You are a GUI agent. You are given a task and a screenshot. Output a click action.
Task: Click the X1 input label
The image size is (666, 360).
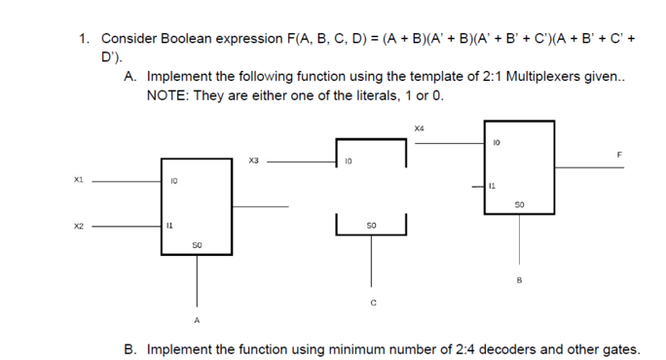pos(79,180)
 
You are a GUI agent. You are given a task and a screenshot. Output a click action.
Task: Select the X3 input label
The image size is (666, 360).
pos(254,161)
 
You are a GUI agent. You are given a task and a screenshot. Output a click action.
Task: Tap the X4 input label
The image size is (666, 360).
pos(420,128)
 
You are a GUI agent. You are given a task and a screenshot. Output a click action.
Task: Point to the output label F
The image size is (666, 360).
pos(618,155)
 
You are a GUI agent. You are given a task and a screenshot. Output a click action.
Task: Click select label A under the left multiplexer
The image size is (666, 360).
pos(197,319)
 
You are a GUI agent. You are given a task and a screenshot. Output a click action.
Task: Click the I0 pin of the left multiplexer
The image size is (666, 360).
pos(173,180)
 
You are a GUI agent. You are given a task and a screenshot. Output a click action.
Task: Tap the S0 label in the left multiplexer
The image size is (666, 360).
pos(198,245)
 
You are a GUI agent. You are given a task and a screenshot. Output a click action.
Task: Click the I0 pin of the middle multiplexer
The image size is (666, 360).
pos(348,161)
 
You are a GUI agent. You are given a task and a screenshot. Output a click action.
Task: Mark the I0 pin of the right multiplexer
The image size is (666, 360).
pos(497,143)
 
